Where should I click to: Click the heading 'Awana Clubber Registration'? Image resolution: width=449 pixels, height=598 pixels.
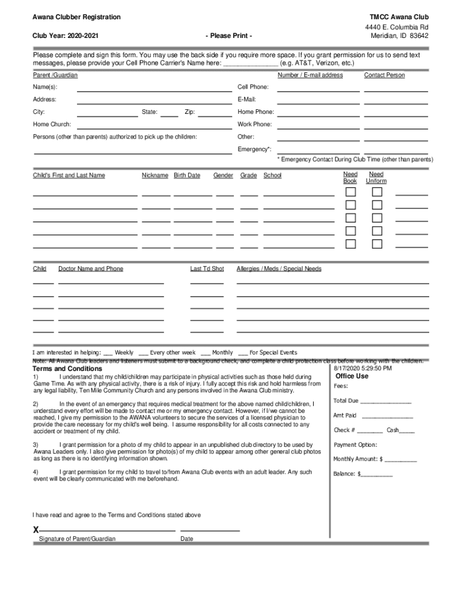pyautogui.click(x=76, y=18)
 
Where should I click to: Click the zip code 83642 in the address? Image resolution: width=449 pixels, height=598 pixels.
pyautogui.click(x=419, y=36)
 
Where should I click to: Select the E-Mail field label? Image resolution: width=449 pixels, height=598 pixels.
pyautogui.click(x=247, y=99)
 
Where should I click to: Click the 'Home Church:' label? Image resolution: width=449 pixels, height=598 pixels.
pyautogui.click(x=52, y=124)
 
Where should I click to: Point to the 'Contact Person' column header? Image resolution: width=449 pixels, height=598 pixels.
pyautogui.click(x=384, y=75)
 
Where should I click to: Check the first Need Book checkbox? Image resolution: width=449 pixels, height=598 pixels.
pyautogui.click(x=350, y=192)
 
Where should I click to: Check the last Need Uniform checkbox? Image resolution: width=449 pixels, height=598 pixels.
pyautogui.click(x=377, y=244)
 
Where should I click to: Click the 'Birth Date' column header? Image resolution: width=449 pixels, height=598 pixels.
pyautogui.click(x=187, y=175)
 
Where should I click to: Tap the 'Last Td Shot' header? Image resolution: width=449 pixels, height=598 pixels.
pyautogui.click(x=207, y=269)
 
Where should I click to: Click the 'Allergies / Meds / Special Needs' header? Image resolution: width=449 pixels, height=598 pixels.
pyautogui.click(x=279, y=269)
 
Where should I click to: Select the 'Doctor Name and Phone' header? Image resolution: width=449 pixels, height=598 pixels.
pyautogui.click(x=90, y=269)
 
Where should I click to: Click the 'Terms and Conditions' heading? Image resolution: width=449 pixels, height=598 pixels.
pyautogui.click(x=67, y=369)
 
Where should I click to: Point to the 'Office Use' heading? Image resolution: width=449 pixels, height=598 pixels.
pyautogui.click(x=352, y=376)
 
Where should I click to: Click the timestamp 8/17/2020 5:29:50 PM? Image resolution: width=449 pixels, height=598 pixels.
pyautogui.click(x=363, y=368)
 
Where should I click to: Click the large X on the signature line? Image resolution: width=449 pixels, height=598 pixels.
pyautogui.click(x=36, y=530)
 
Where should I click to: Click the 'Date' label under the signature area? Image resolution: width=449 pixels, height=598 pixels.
pyautogui.click(x=187, y=538)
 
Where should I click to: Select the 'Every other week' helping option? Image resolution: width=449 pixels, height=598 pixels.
pyautogui.click(x=173, y=353)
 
